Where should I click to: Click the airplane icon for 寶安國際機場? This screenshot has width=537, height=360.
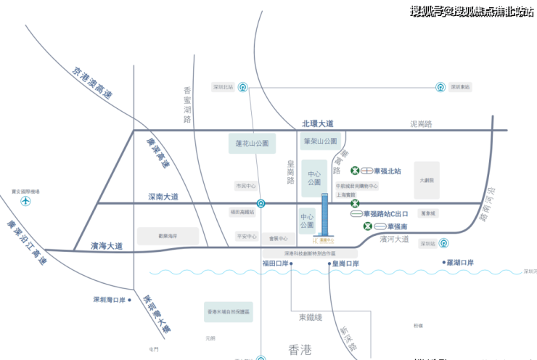coord(25,200)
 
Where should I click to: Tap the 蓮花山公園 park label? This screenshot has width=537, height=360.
coord(252,143)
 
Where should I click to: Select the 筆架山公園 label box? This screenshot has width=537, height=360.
coord(320,141)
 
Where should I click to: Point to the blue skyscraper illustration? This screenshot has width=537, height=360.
coord(324,214)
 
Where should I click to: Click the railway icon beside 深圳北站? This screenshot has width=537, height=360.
coord(243,87)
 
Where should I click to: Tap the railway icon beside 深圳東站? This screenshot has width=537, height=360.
coord(440,87)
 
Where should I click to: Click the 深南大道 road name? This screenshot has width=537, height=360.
coord(163,197)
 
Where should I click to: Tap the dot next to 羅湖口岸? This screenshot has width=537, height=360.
coord(443,262)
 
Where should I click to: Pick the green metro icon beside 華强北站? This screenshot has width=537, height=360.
coord(355,171)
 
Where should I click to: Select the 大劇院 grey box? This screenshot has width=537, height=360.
coord(426,180)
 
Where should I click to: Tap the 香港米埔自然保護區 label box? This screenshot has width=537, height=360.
coord(229,311)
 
